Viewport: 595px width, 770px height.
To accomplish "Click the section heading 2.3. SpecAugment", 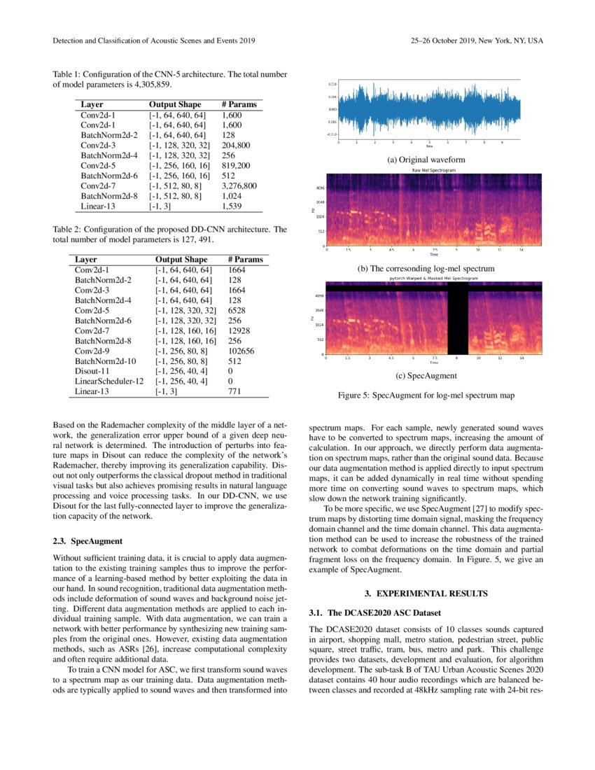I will [87, 541].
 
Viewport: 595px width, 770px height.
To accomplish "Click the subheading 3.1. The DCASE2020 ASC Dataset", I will [375, 613].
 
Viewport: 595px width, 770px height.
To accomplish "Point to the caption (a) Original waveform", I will [426, 160].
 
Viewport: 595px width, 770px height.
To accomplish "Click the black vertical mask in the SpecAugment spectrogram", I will [457, 319].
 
